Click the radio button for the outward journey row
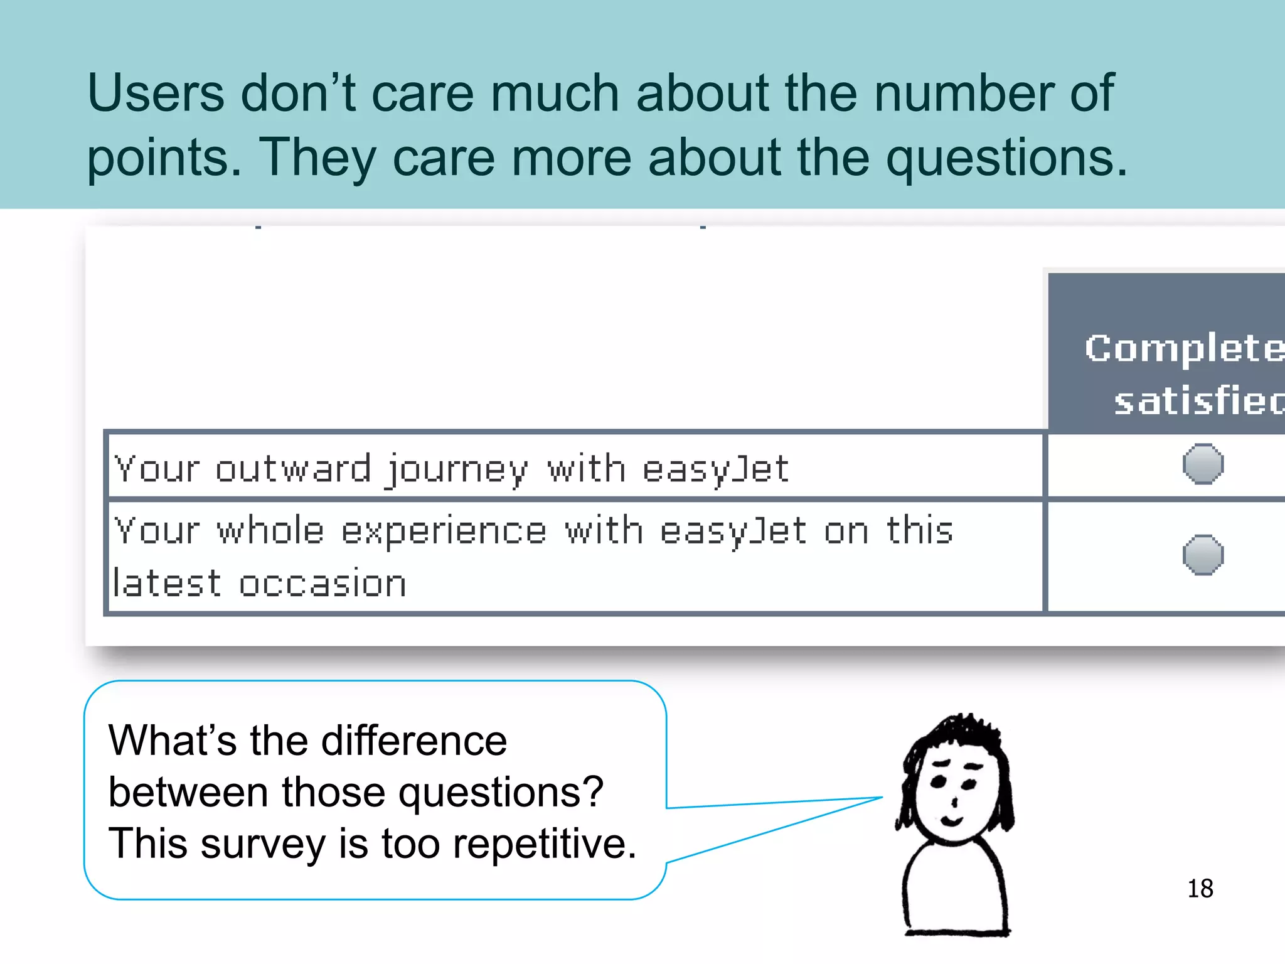click(x=1203, y=464)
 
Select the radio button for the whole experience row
click(x=1203, y=555)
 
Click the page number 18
click(x=1200, y=889)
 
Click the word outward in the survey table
click(x=293, y=469)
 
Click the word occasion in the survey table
click(x=323, y=584)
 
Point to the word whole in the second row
click(x=270, y=531)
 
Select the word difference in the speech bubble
click(x=414, y=741)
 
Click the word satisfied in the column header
click(x=1198, y=401)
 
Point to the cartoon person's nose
click(x=954, y=801)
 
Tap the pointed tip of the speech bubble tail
click(x=882, y=798)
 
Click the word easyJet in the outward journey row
click(x=715, y=469)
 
